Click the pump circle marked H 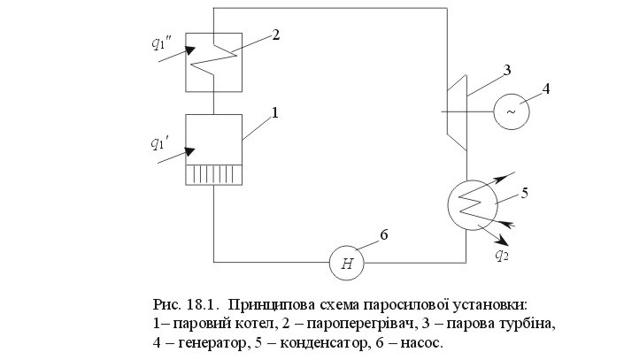coord(347,262)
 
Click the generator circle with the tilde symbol coord(511,111)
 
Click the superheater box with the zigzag coord(214,63)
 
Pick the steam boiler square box coord(214,139)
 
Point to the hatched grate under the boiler coord(214,175)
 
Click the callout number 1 coord(274,113)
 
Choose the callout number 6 coord(382,234)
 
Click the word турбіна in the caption coord(529,322)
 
